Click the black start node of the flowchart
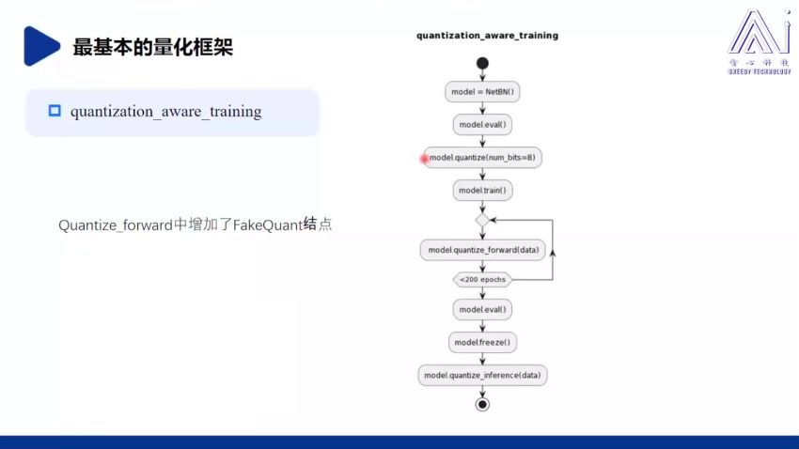point(482,64)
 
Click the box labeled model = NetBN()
point(483,92)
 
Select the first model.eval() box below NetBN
point(483,124)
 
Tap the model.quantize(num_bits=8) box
point(483,158)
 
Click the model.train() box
point(483,190)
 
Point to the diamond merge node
point(482,219)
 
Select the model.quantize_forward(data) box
point(483,250)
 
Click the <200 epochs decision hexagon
point(482,279)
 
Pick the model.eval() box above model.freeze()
point(483,309)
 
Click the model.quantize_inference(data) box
point(483,375)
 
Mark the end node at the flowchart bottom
point(482,404)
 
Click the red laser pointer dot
point(424,160)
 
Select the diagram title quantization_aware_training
point(487,36)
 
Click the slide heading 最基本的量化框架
point(152,46)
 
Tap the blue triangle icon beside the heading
point(40,46)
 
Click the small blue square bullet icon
point(54,111)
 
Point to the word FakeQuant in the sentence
point(267,225)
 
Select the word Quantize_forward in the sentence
point(116,225)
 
